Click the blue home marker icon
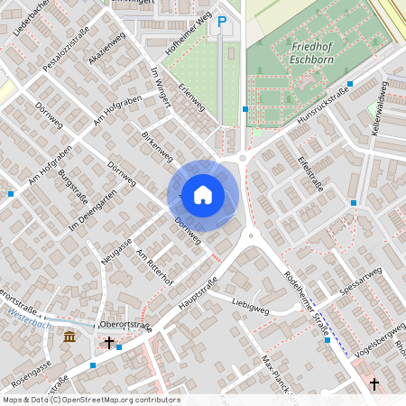(x=203, y=194)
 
